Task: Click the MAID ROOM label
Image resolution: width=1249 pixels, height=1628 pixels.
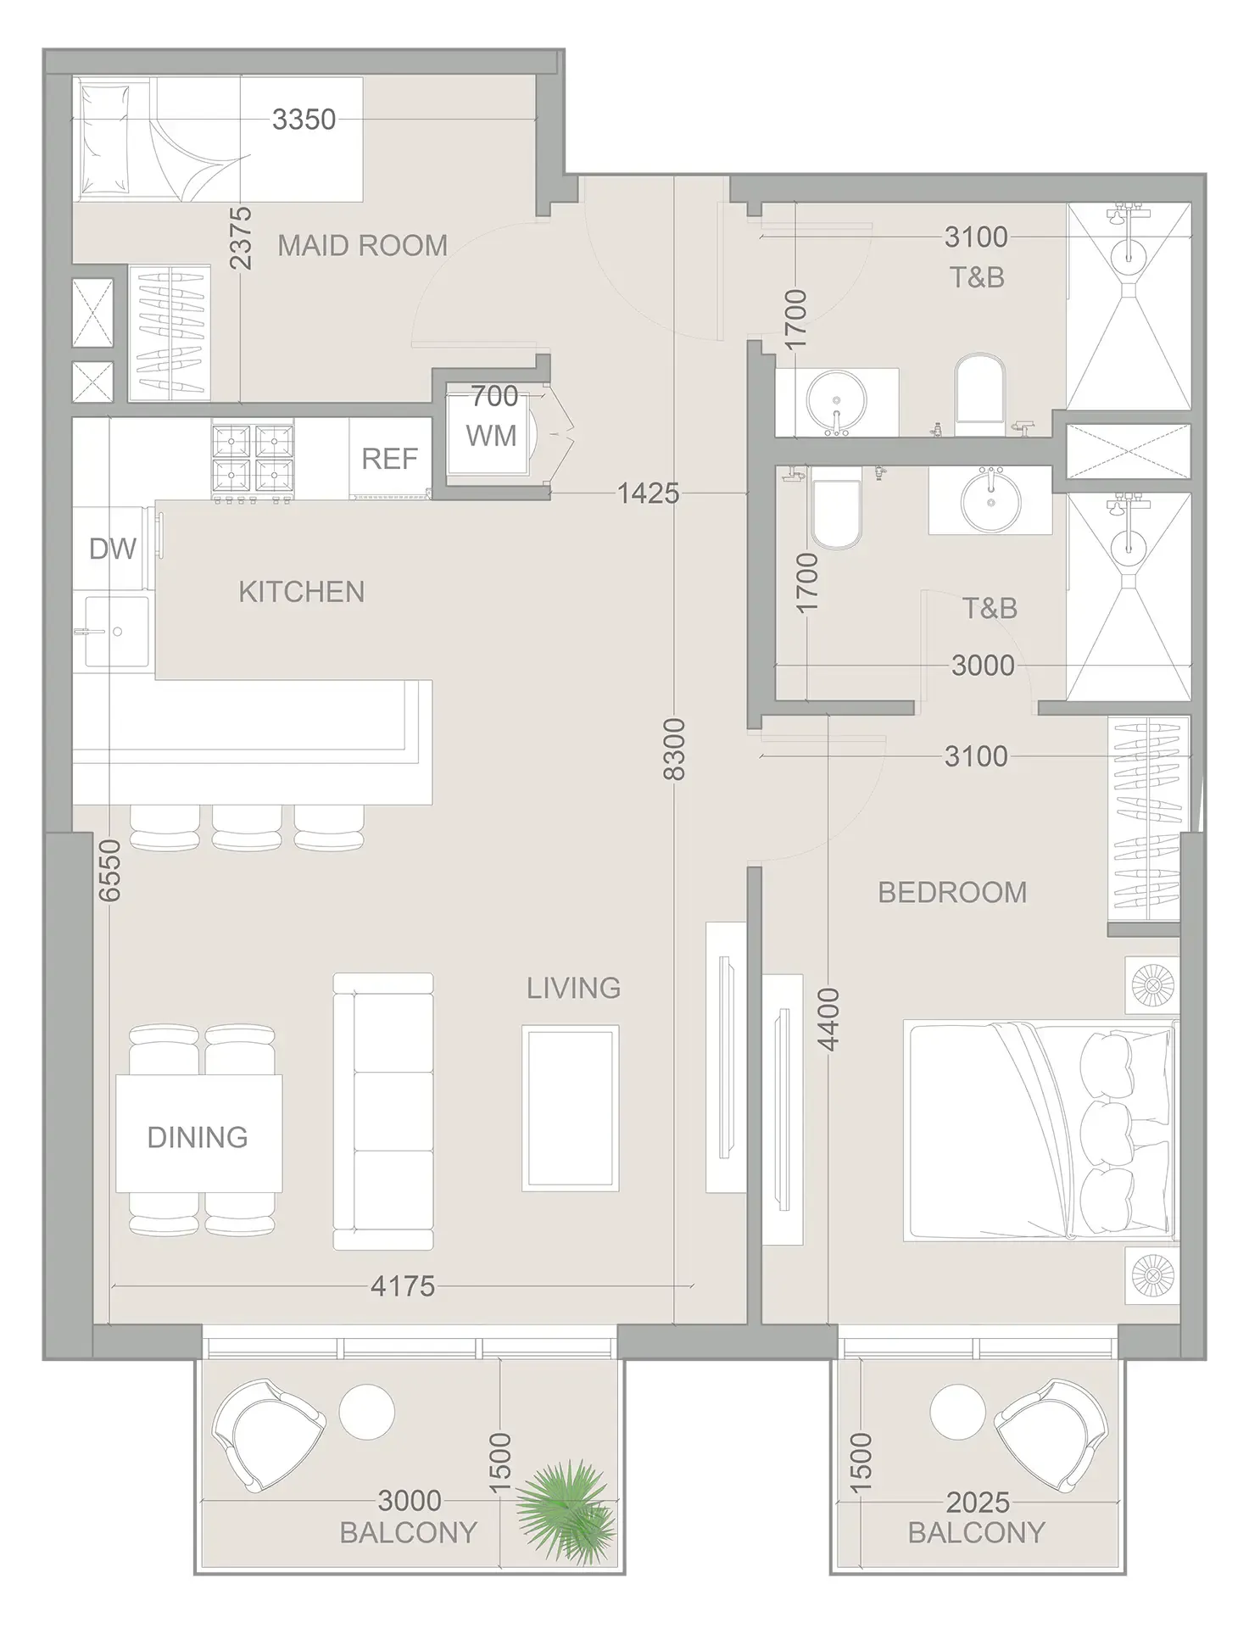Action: point(362,246)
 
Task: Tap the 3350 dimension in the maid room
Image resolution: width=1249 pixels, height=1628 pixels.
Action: point(304,120)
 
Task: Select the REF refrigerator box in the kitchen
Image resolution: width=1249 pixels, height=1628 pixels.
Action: point(389,459)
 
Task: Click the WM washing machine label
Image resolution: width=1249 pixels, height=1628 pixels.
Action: point(491,436)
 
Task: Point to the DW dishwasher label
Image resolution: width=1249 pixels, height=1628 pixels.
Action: point(112,549)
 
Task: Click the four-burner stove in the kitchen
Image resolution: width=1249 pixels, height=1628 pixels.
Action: point(253,461)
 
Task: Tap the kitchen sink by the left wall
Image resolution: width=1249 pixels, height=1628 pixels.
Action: point(116,632)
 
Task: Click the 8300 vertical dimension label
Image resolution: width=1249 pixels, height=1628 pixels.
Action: point(674,749)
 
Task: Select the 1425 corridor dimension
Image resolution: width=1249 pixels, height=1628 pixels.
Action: point(648,493)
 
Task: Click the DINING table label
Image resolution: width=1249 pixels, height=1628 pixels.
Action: point(198,1137)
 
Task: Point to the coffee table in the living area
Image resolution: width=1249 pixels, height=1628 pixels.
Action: point(570,1107)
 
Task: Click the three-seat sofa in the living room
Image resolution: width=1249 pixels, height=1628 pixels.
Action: point(383,1112)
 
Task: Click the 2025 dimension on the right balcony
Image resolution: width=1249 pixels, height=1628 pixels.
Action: point(977,1503)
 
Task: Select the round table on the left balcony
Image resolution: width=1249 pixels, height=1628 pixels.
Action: point(366,1412)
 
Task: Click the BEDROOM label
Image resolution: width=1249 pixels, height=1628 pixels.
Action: point(952,892)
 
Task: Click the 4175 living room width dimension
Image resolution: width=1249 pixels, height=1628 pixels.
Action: point(402,1286)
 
